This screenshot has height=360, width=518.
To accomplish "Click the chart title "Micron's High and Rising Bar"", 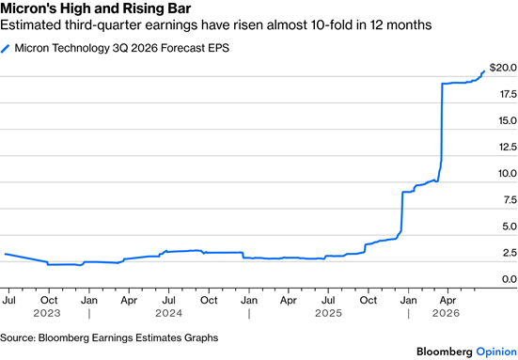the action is (x=96, y=8).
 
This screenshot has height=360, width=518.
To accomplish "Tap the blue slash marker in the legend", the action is (x=5, y=49).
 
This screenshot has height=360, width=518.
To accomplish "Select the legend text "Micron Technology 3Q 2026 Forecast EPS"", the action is (x=122, y=48).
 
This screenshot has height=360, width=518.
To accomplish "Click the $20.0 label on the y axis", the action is (x=503, y=68).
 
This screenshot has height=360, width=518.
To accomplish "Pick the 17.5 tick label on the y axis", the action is (x=508, y=94).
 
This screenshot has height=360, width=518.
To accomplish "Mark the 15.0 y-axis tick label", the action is (x=508, y=120).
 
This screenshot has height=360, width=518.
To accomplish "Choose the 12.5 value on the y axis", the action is (x=508, y=147).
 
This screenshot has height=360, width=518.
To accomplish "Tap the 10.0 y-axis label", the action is (x=508, y=173).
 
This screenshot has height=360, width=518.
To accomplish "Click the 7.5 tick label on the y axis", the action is (x=510, y=200).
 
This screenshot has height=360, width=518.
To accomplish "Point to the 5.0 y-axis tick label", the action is (x=510, y=227).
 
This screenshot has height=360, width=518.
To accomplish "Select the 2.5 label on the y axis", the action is (x=510, y=253).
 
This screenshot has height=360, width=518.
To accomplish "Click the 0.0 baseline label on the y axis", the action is (x=510, y=279).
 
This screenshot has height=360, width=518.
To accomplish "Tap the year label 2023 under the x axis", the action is (x=47, y=313).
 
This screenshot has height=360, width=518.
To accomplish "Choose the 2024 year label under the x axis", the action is (x=169, y=313).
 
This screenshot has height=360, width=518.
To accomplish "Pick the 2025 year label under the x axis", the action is (x=328, y=313).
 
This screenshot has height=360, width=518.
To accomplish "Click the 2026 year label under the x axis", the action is (x=446, y=313).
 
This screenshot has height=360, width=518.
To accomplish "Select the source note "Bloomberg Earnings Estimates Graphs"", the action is (x=128, y=337).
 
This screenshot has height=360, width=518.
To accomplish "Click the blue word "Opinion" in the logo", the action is (x=496, y=352).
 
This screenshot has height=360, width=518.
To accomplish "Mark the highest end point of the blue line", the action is (x=484, y=70).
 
